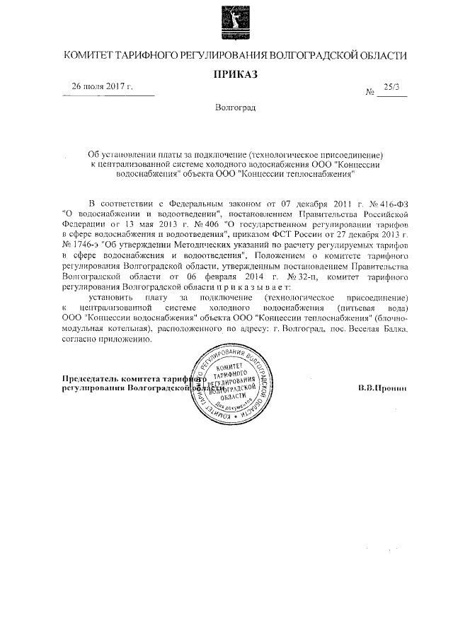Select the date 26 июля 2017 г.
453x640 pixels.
(103, 87)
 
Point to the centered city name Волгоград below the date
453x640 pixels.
(235, 108)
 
